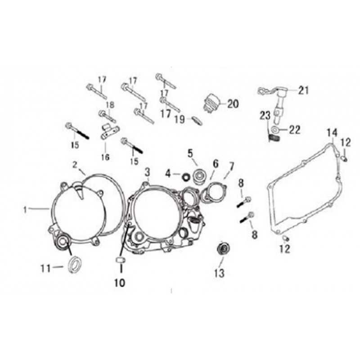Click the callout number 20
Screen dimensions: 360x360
coord(233,104)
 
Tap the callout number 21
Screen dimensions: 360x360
coord(303,90)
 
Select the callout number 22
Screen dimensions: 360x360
coord(294,130)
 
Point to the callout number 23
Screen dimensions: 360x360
coord(265,116)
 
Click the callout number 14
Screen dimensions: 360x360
coord(332,133)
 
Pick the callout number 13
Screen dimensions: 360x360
coord(219,273)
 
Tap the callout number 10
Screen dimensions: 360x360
coord(120,283)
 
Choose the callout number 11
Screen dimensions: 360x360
coord(46,268)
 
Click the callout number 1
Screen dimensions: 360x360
coord(25,210)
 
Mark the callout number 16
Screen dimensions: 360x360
coord(105,157)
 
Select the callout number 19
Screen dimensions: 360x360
coord(180,119)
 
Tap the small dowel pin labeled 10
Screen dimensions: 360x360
coord(119,261)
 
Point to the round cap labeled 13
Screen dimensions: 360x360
coord(222,249)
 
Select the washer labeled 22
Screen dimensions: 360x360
coord(274,130)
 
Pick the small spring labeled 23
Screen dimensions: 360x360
coord(274,138)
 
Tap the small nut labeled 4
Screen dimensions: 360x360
coord(185,177)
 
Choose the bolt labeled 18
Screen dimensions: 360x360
coord(107,117)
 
